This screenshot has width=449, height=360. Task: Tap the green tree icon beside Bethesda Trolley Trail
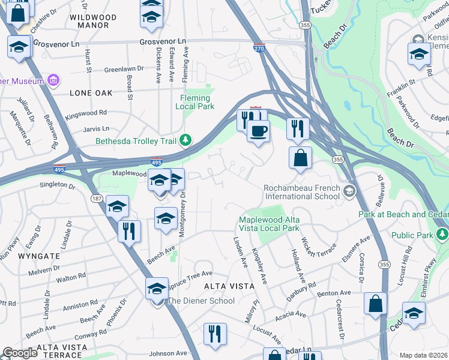pos(187,140)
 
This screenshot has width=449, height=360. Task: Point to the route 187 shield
pos(97,199)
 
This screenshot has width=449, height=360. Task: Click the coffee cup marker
pos(259,131)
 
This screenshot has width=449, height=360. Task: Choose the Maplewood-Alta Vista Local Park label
pos(268,224)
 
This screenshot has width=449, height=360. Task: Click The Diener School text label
pos(200,301)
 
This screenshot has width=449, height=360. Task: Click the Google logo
pos(20,353)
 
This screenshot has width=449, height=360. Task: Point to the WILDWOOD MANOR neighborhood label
pos(89,22)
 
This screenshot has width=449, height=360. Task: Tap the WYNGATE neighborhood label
pos(39,256)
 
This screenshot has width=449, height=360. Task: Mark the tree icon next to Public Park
pos(442,232)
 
